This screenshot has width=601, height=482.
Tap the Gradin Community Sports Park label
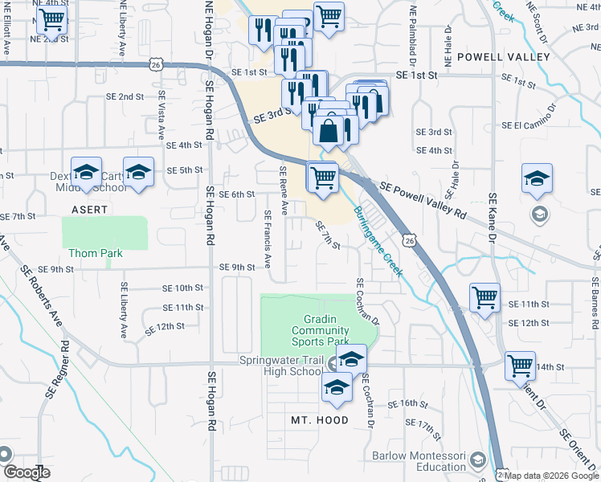[x=320, y=330]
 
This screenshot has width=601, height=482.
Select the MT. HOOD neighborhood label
[x=320, y=420]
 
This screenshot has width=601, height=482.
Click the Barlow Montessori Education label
[x=419, y=461]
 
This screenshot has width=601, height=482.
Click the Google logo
[x=27, y=472]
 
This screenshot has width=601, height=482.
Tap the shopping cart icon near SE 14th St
[x=520, y=366]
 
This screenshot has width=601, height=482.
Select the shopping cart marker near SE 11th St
[x=484, y=297]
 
